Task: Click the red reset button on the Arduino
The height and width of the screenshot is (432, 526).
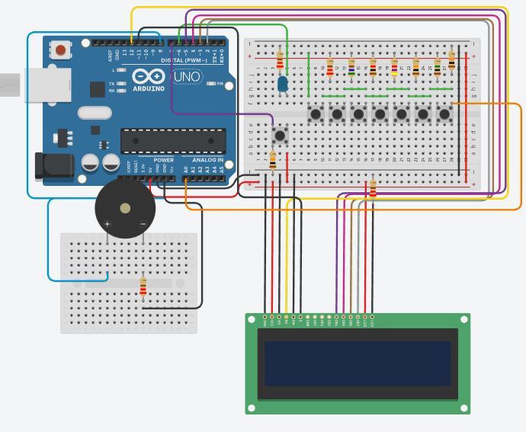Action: click(59, 51)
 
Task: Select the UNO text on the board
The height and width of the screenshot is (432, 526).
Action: click(187, 77)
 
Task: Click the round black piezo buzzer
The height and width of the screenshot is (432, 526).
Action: click(123, 208)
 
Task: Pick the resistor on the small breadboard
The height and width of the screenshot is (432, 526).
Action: click(143, 286)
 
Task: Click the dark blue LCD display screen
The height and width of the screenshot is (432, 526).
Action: click(358, 363)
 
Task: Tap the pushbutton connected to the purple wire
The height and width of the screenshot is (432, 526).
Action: click(281, 136)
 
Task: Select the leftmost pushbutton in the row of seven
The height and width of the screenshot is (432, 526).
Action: click(316, 114)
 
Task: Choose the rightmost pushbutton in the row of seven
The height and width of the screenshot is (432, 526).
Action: click(444, 114)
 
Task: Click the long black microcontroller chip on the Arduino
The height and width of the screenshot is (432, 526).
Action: click(173, 140)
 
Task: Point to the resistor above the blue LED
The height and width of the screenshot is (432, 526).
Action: click(280, 59)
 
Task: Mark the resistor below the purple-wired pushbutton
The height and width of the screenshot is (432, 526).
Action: click(273, 160)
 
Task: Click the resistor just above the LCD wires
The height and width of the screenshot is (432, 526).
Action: click(372, 188)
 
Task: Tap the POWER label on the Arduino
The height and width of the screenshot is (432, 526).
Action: click(164, 160)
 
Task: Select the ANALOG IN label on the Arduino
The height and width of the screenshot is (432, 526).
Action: click(208, 160)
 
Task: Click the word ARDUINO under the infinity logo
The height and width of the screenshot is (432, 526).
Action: click(149, 88)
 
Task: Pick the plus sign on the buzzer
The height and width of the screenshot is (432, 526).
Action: click(107, 224)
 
